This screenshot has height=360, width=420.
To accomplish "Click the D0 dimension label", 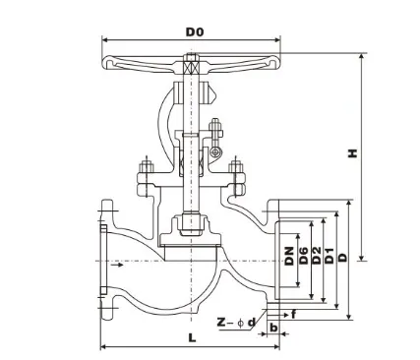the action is (195, 31).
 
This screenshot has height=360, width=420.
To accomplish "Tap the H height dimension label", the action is (352, 153).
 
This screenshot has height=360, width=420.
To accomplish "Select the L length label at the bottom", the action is (192, 337).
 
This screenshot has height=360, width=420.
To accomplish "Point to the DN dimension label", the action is (289, 256).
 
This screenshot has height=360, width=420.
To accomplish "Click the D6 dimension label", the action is (304, 256).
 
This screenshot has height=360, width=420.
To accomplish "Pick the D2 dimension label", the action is (317, 256).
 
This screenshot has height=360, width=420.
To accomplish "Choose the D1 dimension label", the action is (330, 256).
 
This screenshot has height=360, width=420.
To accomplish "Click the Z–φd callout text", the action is (236, 323).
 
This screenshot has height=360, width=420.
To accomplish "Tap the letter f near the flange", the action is (294, 315).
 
